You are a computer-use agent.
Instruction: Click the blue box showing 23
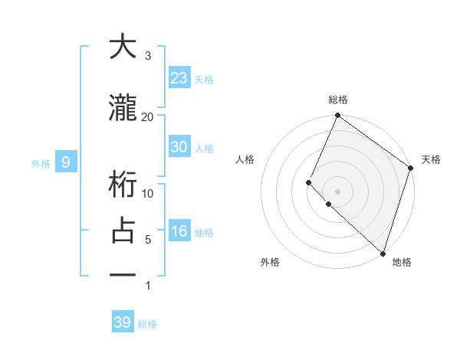click(x=179, y=77)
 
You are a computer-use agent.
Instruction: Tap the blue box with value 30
click(x=179, y=147)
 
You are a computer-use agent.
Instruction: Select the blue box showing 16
click(x=179, y=232)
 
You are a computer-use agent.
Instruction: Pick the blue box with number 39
click(x=123, y=322)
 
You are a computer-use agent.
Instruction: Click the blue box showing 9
click(x=66, y=162)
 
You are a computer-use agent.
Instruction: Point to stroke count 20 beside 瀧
click(x=148, y=116)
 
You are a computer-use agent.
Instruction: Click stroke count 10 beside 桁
click(x=148, y=193)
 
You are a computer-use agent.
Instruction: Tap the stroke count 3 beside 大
click(x=148, y=55)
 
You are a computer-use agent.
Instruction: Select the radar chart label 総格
click(x=337, y=100)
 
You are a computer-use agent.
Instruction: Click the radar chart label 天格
click(x=431, y=159)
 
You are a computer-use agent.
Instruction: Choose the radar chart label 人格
click(x=245, y=159)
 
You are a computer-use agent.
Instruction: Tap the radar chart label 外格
click(x=270, y=262)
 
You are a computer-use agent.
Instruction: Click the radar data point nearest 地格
click(x=383, y=253)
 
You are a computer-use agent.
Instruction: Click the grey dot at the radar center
click(x=337, y=191)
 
